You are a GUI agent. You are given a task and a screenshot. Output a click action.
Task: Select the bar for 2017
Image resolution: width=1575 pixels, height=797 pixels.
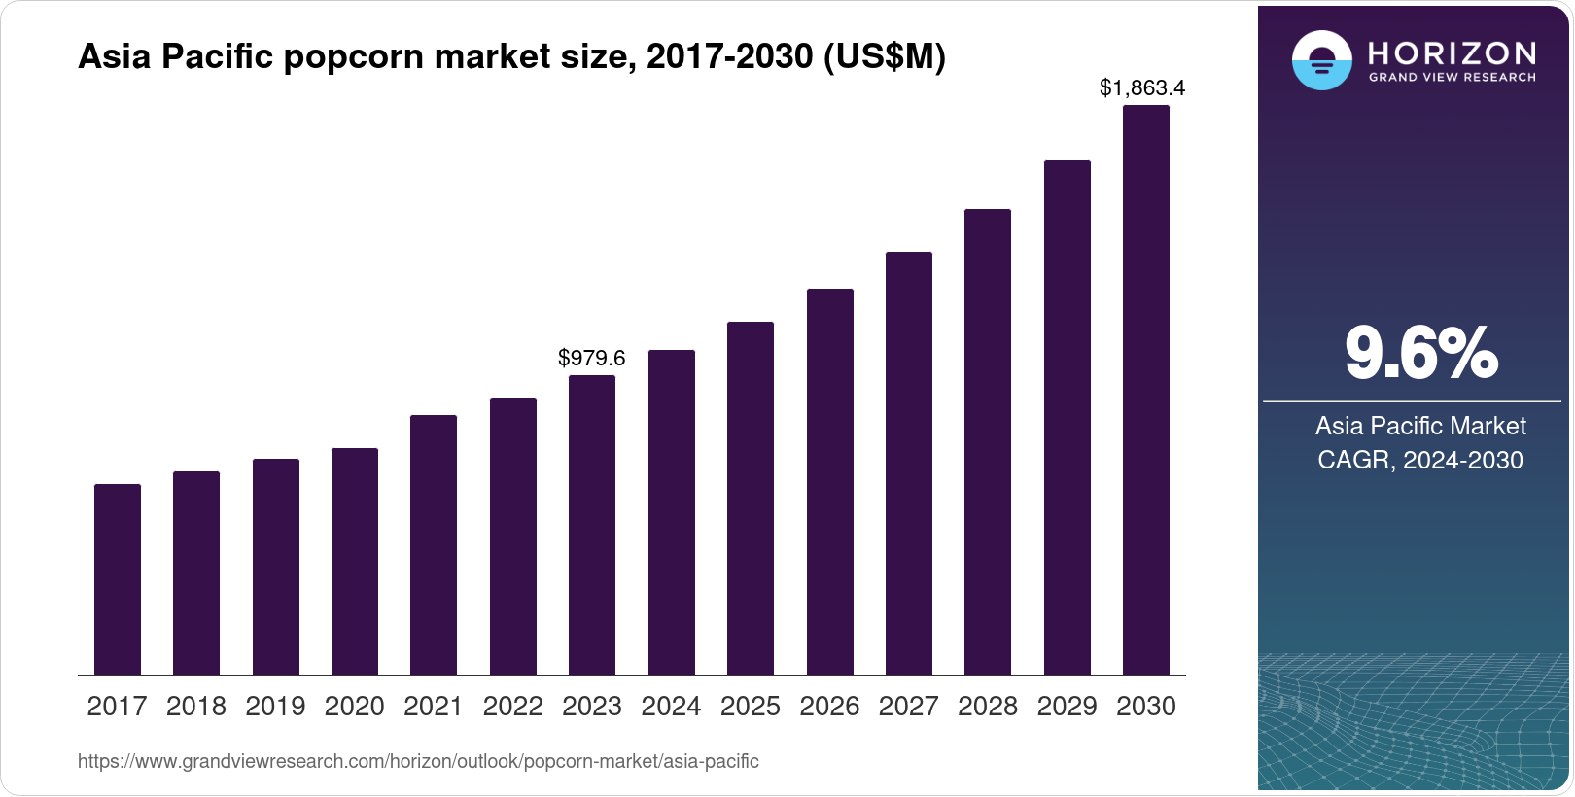click(x=118, y=579)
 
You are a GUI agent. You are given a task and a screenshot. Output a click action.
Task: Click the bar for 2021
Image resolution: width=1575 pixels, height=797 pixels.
click(x=434, y=544)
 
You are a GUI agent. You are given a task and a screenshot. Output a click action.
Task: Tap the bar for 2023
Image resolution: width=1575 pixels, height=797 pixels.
click(x=592, y=525)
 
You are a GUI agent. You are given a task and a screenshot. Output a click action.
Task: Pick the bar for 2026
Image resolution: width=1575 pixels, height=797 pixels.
click(x=830, y=481)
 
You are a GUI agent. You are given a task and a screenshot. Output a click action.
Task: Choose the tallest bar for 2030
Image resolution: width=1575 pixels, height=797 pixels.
click(x=1146, y=389)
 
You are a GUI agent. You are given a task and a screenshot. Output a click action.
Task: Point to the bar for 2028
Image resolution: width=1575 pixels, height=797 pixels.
click(x=988, y=441)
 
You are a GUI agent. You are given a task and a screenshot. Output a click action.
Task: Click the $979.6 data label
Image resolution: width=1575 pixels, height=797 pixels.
click(x=592, y=358)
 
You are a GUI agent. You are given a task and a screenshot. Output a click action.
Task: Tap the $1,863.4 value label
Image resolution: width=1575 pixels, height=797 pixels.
click(x=1142, y=87)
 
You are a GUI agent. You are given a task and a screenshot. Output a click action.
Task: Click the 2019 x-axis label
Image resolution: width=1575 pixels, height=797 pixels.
click(x=275, y=707)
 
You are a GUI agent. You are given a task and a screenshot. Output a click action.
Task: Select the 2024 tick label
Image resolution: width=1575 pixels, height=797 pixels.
click(x=671, y=707)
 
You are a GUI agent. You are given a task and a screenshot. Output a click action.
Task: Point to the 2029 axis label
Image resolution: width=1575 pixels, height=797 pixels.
click(x=1067, y=707)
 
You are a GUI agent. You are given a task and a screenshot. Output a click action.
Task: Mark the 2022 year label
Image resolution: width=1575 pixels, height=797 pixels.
click(x=512, y=707)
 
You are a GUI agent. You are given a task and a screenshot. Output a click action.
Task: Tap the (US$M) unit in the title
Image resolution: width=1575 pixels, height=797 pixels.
click(x=884, y=57)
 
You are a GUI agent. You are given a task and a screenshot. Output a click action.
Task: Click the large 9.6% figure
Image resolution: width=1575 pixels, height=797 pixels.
click(x=1420, y=353)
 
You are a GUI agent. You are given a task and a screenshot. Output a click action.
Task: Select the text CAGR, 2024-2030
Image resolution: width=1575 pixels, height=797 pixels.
click(x=1420, y=460)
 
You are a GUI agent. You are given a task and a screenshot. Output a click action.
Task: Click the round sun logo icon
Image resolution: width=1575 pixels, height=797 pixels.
click(x=1321, y=60)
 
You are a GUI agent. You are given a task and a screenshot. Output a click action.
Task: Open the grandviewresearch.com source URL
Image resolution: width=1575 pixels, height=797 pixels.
click(x=418, y=761)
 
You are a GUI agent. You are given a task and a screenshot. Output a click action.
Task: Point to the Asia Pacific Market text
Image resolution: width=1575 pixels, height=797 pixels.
click(x=1420, y=426)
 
